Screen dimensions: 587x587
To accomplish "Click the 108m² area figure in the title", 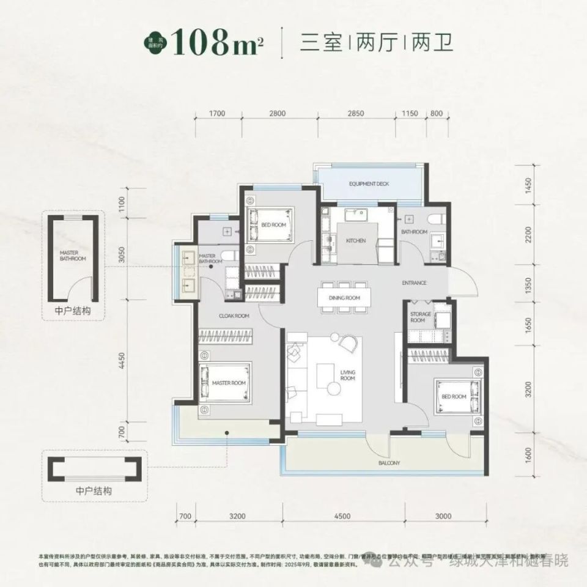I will [x=213, y=43].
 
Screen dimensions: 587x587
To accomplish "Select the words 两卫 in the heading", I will [x=432, y=43].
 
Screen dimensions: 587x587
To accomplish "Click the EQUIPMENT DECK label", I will [x=369, y=184].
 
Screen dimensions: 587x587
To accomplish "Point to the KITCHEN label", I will [x=356, y=241].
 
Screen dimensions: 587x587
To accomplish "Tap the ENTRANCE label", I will [x=414, y=283].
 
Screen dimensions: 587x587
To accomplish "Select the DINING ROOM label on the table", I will [x=344, y=298].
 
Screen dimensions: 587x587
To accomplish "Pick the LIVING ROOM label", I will [x=347, y=375].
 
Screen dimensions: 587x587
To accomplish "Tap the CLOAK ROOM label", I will [x=235, y=316].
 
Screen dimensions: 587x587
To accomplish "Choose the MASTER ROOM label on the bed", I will [x=228, y=383].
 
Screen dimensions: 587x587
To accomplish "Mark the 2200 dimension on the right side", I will [x=528, y=234].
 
